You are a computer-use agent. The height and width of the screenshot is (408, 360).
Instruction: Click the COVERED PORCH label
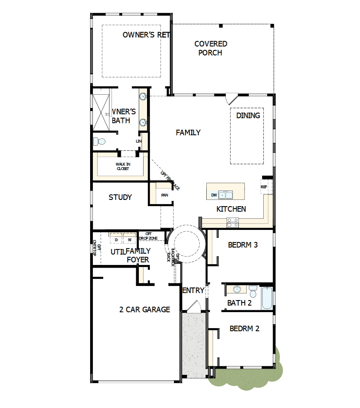click(211, 48)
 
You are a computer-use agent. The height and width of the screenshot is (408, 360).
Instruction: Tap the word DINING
click(248, 115)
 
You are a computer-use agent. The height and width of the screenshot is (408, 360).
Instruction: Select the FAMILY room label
click(188, 132)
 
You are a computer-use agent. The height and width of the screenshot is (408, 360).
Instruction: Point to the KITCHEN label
click(231, 209)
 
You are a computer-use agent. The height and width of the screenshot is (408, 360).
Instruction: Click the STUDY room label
click(120, 197)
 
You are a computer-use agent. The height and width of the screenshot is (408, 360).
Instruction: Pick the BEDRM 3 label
click(243, 245)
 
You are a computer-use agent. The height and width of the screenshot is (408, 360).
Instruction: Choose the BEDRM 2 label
click(245, 329)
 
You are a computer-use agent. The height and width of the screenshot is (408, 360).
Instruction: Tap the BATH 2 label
click(239, 303)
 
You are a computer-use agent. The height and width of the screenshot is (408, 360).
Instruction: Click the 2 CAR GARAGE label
click(145, 309)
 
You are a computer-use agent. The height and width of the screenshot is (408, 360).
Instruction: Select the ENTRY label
click(193, 290)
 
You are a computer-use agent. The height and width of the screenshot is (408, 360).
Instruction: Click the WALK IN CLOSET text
click(123, 166)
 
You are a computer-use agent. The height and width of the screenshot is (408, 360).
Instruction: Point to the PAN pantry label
click(165, 195)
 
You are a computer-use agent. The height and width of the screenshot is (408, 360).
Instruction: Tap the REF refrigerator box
click(264, 187)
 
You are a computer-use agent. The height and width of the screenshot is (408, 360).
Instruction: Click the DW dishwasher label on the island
click(214, 195)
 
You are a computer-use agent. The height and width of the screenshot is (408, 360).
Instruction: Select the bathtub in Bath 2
click(267, 298)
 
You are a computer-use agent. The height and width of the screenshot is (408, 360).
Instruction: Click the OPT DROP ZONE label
click(149, 236)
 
